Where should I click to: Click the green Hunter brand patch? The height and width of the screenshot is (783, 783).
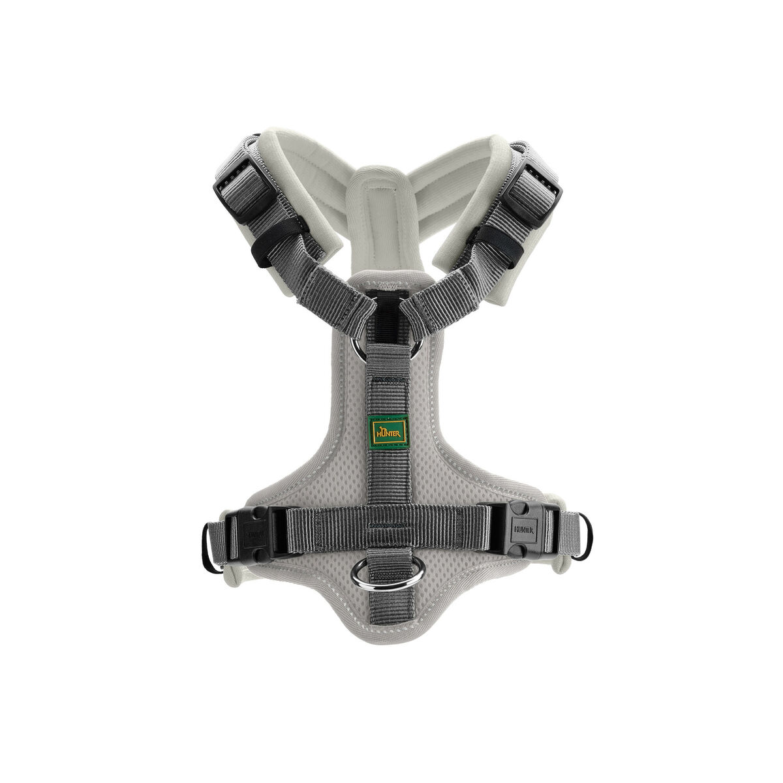(390, 429)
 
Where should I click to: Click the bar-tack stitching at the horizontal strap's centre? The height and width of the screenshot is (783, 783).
(389, 524)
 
